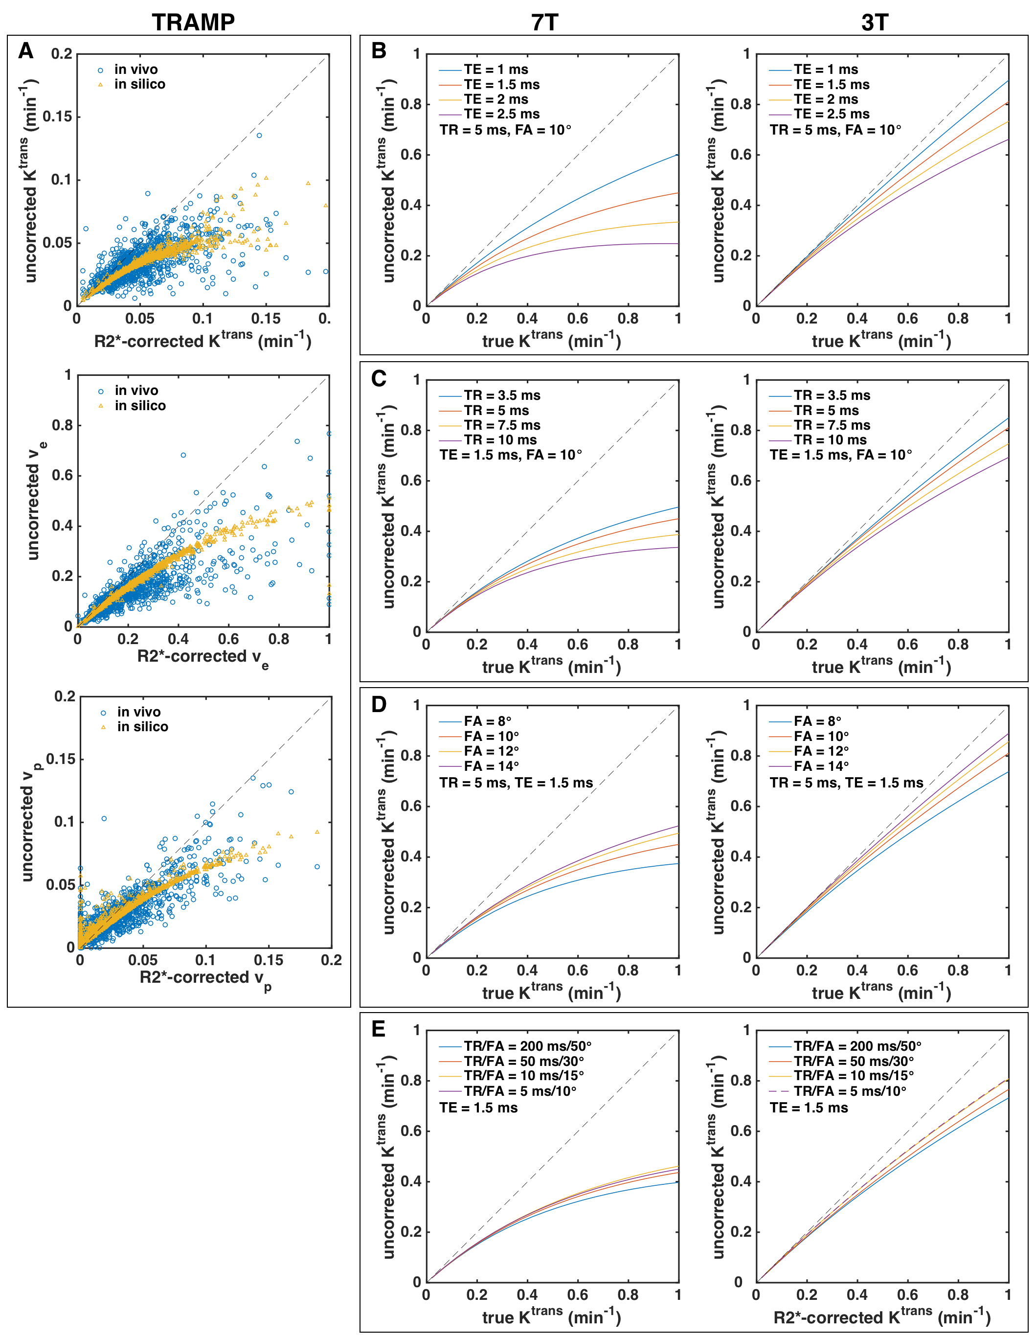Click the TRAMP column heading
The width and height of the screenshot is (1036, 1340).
(x=193, y=22)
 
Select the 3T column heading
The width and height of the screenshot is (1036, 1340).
(x=874, y=23)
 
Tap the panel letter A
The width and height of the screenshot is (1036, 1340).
(x=26, y=51)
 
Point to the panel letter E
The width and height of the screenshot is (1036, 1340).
(x=379, y=1029)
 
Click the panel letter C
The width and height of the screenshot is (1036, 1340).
(x=379, y=379)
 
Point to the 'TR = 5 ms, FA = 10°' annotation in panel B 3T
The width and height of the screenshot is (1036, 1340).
(x=835, y=130)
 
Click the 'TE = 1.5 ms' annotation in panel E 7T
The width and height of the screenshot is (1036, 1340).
(x=478, y=1108)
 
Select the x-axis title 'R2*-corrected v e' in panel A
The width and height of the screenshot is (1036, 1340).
(x=203, y=657)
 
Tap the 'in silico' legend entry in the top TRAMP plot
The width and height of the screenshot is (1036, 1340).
(x=139, y=85)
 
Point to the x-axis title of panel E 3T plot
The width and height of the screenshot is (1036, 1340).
(x=881, y=1317)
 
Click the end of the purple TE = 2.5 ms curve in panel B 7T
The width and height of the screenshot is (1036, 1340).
(x=677, y=244)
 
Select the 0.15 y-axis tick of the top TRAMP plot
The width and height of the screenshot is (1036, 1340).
(x=58, y=116)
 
